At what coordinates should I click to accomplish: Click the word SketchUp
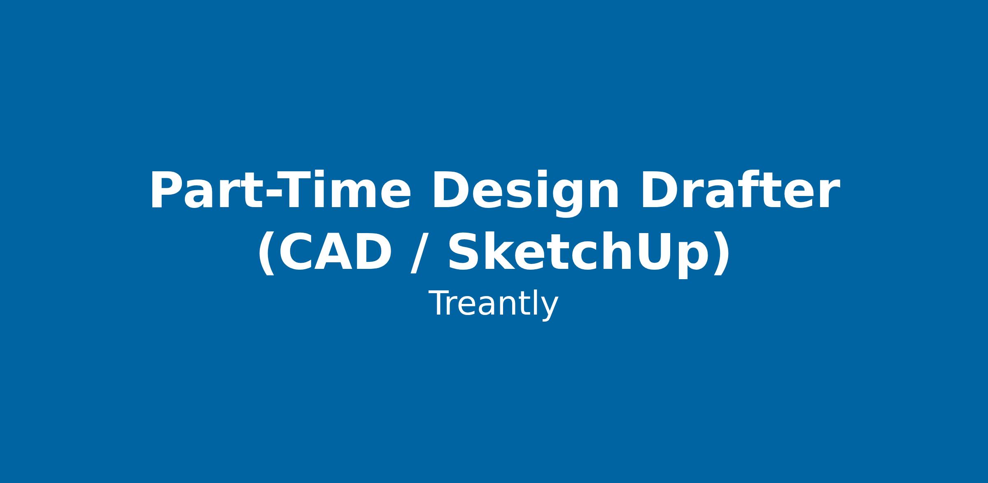click(589, 252)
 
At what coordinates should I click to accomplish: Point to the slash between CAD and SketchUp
click(420, 252)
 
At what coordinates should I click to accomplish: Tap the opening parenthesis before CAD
click(267, 252)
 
